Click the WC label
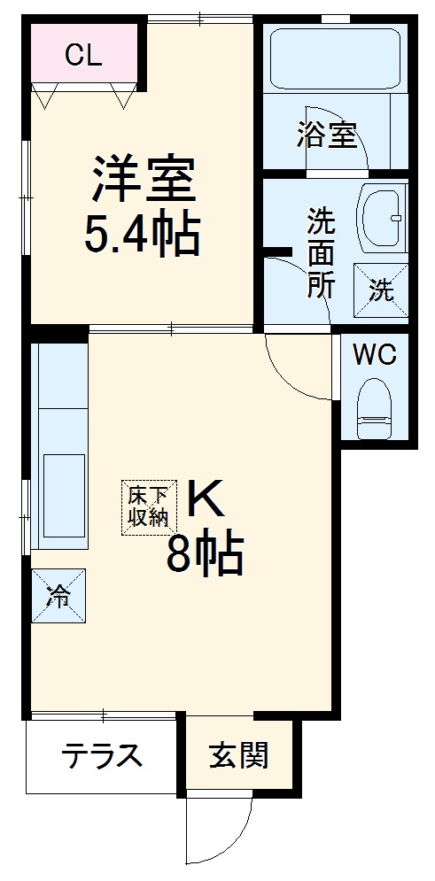point(375,356)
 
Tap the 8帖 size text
point(206,555)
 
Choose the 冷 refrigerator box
point(59,595)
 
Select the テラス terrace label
point(102,756)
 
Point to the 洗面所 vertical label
point(320,252)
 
